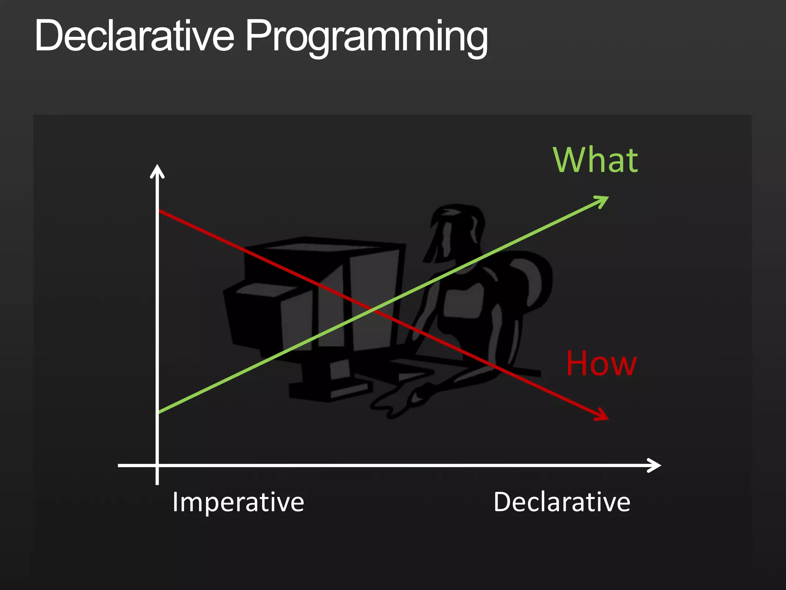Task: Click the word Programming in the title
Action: pyautogui.click(x=367, y=36)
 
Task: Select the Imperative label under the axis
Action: pyautogui.click(x=238, y=502)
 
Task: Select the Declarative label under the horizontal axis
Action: pyautogui.click(x=562, y=502)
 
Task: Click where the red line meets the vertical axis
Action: pyautogui.click(x=158, y=210)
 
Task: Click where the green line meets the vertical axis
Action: pyautogui.click(x=158, y=413)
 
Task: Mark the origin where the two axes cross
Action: pyautogui.click(x=157, y=465)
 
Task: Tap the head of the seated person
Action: pyautogui.click(x=457, y=230)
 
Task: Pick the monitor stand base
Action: pyautogui.click(x=330, y=388)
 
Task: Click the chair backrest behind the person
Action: pyautogui.click(x=533, y=280)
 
